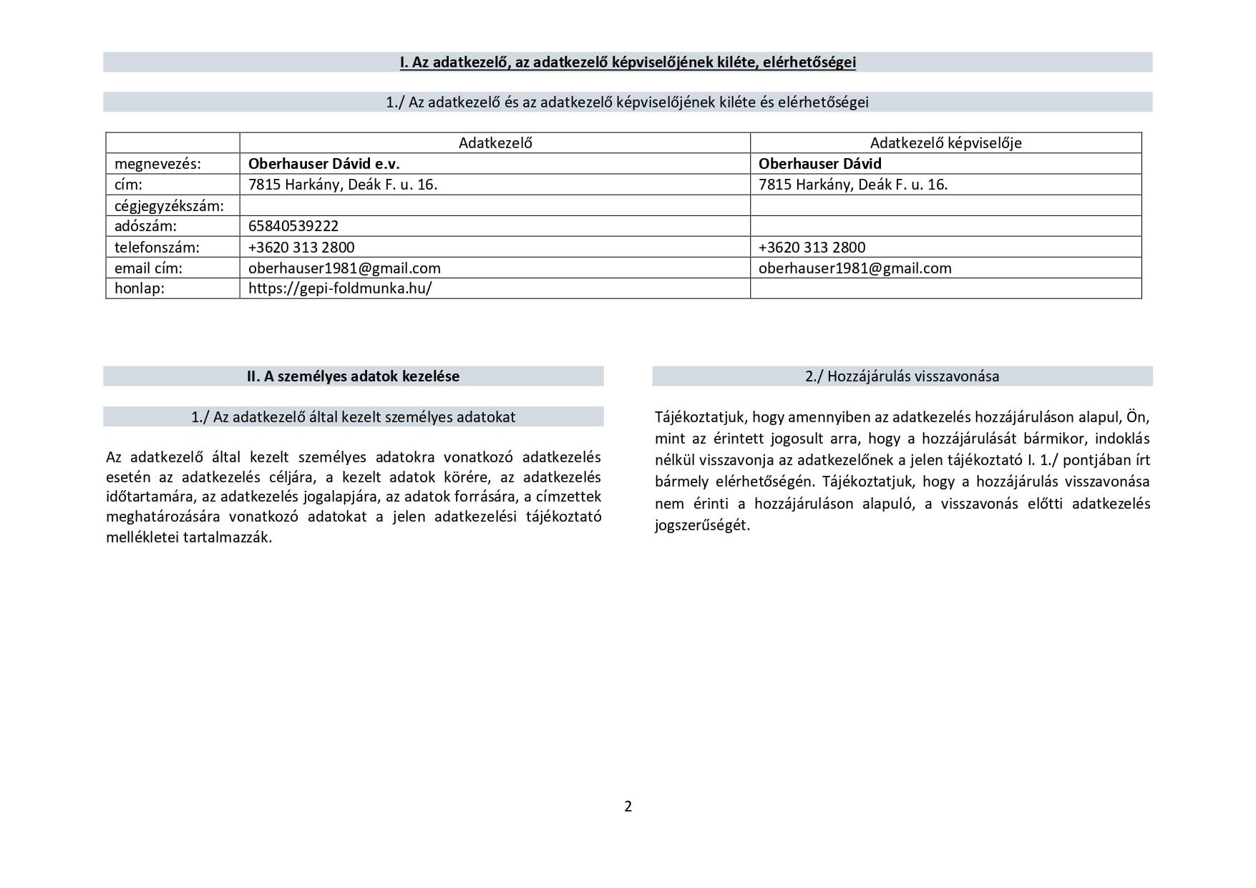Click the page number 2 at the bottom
[x=628, y=806]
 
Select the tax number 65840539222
[x=293, y=226]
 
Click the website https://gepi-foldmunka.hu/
[x=340, y=288]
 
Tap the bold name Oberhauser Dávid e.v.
[x=323, y=163]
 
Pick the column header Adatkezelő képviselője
[x=945, y=142]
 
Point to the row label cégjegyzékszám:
[x=169, y=206]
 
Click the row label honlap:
[x=140, y=288]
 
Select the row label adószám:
[x=145, y=226]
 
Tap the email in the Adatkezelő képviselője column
[x=855, y=268]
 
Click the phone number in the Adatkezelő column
[x=301, y=248]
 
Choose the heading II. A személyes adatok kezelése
[x=353, y=376]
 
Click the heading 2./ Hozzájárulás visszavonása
[x=902, y=376]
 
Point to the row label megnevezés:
[x=157, y=164]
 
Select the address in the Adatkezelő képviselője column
[x=852, y=185]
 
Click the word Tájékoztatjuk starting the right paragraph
[x=700, y=417]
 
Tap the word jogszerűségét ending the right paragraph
[x=701, y=525]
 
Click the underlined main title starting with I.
[x=628, y=62]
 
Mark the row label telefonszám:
[x=157, y=248]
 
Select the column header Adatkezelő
[x=495, y=142]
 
